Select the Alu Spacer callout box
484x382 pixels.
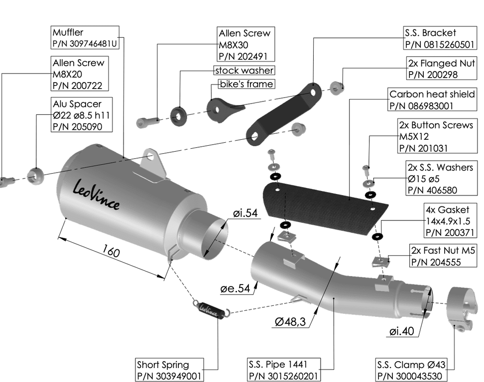[x=82, y=115]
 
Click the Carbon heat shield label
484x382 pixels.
[x=432, y=99]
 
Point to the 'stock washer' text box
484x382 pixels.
[x=244, y=71]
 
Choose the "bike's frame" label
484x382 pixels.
[x=246, y=84]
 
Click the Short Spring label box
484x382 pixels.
[x=170, y=370]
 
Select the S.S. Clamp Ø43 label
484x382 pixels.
[x=411, y=370]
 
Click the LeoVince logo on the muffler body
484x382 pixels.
[x=96, y=195]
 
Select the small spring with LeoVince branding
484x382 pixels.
[x=212, y=308]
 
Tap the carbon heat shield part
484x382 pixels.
[x=324, y=203]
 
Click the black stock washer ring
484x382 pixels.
[x=177, y=115]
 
